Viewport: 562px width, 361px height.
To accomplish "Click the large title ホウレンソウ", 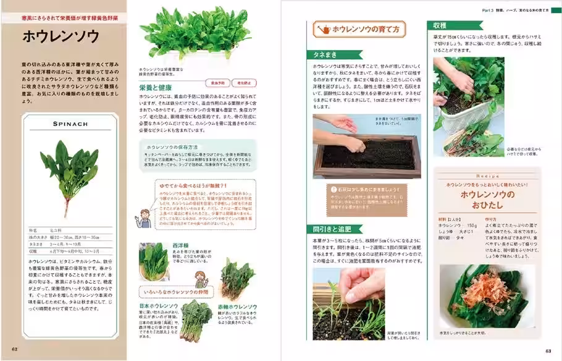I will [x=61, y=36].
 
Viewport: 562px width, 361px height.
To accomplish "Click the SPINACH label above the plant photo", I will [x=71, y=124].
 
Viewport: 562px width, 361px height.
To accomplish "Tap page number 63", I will [x=548, y=351].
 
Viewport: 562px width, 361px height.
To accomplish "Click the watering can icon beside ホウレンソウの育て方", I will [x=322, y=29].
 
